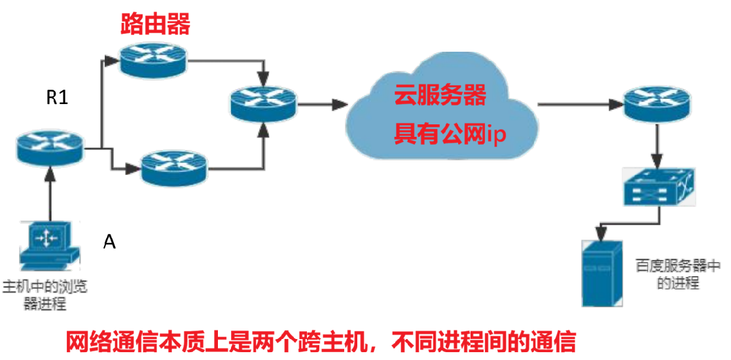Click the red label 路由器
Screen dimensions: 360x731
pos(155,24)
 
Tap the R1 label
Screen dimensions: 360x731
pos(57,98)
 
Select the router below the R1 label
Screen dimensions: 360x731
pos(50,147)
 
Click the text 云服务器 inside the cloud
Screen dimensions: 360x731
pos(440,96)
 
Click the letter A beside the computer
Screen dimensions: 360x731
pos(109,242)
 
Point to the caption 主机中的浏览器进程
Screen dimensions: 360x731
pos(46,295)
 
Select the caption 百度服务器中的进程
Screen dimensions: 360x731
pos(677,275)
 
